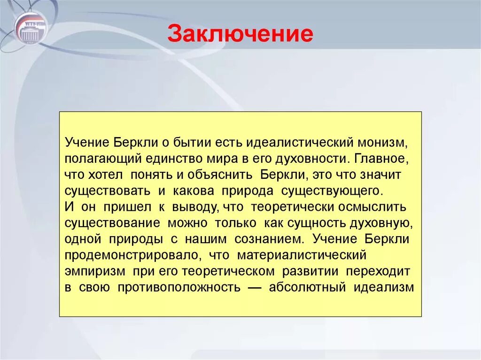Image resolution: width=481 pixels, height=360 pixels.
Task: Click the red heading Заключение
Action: coord(240,34)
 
